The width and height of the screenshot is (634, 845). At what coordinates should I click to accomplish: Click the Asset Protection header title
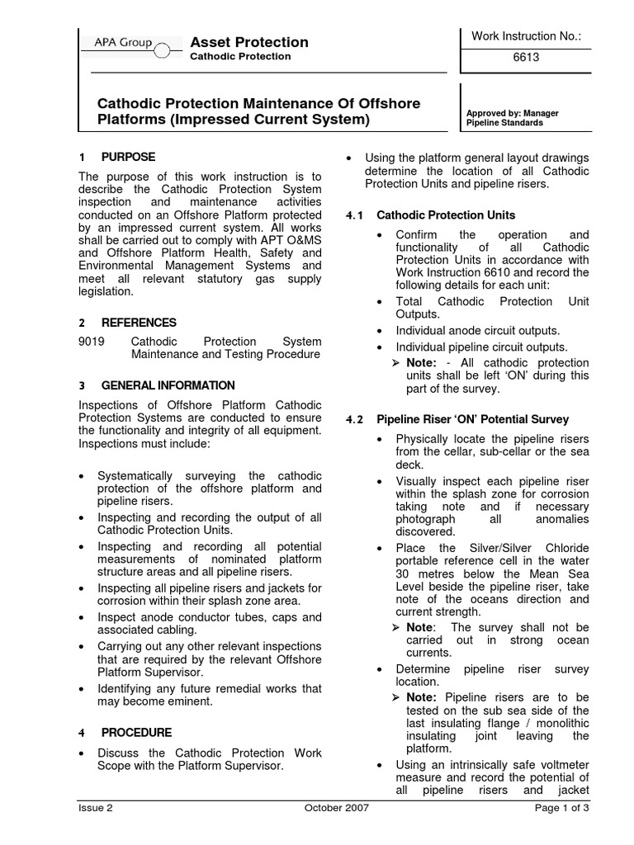pyautogui.click(x=249, y=42)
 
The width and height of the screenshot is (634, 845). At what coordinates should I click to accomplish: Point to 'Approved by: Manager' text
pyautogui.click(x=512, y=113)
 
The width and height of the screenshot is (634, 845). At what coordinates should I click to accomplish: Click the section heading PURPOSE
pyautogui.click(x=128, y=157)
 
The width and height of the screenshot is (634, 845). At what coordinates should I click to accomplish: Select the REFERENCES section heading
pyautogui.click(x=139, y=323)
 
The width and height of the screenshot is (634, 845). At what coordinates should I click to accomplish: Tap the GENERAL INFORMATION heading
pyautogui.click(x=168, y=385)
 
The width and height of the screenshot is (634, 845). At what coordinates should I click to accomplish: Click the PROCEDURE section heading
pyautogui.click(x=136, y=732)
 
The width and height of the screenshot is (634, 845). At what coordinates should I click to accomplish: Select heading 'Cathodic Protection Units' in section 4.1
pyautogui.click(x=446, y=215)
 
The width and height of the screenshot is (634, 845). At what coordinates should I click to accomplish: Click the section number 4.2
pyautogui.click(x=354, y=420)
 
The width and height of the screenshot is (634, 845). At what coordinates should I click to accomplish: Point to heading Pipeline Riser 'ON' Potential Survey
pyautogui.click(x=472, y=420)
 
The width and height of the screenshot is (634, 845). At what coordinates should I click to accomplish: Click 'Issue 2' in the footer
pyautogui.click(x=95, y=808)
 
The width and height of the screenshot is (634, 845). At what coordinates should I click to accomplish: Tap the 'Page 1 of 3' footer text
pyautogui.click(x=561, y=808)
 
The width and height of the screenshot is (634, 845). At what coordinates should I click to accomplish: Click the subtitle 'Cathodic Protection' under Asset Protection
pyautogui.click(x=240, y=57)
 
